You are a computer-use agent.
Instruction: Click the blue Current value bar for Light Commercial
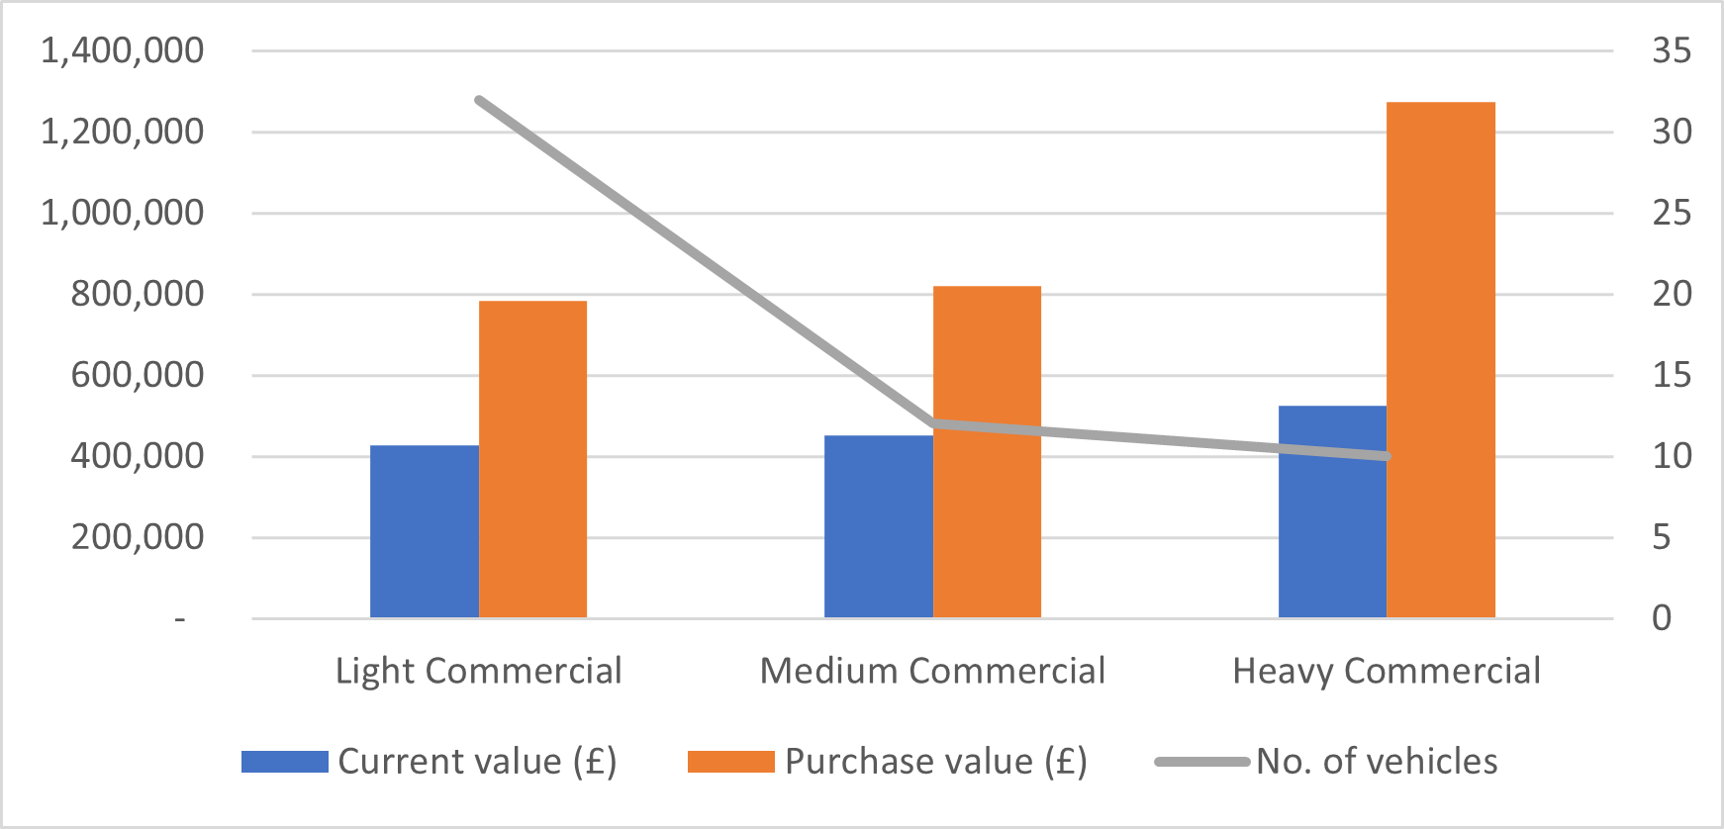coord(424,531)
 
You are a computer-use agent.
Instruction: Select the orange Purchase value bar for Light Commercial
coord(532,459)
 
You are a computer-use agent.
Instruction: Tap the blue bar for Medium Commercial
coord(878,526)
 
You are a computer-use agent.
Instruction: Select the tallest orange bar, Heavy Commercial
coord(1440,360)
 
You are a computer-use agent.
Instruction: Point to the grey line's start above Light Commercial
coord(479,100)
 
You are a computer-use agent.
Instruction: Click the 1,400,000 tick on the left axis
coord(122,50)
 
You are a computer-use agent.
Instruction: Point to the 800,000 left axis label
coord(137,294)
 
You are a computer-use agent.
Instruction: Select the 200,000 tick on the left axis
coord(137,537)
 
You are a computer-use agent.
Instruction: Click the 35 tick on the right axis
coord(1672,50)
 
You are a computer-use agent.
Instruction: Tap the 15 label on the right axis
coord(1672,375)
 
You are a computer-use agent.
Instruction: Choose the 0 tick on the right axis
coord(1662,618)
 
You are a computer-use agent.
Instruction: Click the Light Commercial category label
coord(478,671)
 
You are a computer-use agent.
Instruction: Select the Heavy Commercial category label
coord(1386,671)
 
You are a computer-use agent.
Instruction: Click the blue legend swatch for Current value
coord(285,761)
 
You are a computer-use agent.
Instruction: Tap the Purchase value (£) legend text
coord(935,761)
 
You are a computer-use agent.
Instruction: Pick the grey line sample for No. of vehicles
coord(1201,761)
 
